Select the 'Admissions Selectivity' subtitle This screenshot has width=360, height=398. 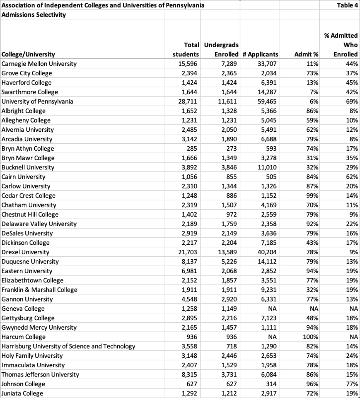pyautogui.click(x=34, y=15)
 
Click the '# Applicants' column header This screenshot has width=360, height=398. pyautogui.click(x=260, y=55)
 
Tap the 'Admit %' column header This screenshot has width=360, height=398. pyautogui.click(x=306, y=55)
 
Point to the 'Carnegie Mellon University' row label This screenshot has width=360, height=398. pyautogui.click(x=39, y=64)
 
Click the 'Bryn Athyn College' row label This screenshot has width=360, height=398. pyautogui.click(x=28, y=149)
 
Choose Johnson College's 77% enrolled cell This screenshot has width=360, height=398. pyautogui.click(x=352, y=384)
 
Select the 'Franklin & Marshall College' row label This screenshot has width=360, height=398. pyautogui.click(x=40, y=290)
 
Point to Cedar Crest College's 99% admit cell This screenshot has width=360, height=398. pyautogui.click(x=312, y=196)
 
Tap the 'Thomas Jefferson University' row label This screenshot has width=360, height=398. pyautogui.click(x=40, y=375)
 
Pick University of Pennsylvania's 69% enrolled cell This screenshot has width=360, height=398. pyautogui.click(x=352, y=101)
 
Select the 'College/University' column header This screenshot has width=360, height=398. pyautogui.click(x=28, y=55)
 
